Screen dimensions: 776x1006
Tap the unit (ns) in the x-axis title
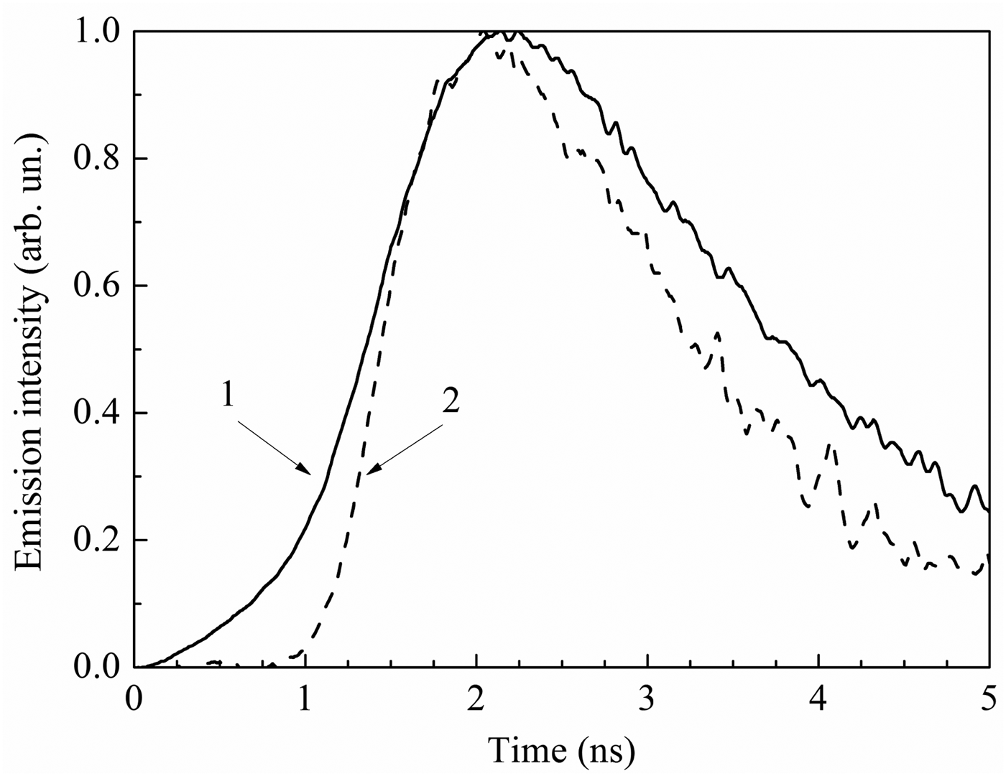[605, 752]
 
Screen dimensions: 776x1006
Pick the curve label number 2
[450, 402]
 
